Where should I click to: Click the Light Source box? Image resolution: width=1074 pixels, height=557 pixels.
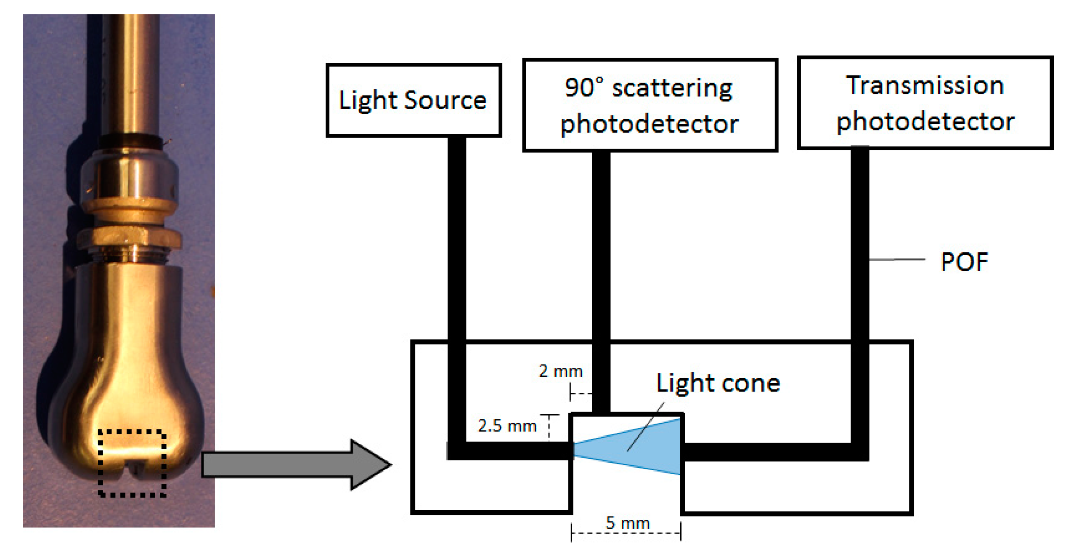pos(413,100)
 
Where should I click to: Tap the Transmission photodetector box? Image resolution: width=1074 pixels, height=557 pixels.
pos(924,103)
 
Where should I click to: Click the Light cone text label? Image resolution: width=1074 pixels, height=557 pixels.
pos(718,383)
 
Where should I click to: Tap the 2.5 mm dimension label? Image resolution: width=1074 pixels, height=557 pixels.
pos(507,426)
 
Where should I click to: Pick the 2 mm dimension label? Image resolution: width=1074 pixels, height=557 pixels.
pos(560,371)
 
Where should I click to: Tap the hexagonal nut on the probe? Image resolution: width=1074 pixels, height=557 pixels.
pos(129,238)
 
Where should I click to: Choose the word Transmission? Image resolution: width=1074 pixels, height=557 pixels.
pos(924,85)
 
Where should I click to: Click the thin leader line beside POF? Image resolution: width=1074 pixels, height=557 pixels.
pos(896,260)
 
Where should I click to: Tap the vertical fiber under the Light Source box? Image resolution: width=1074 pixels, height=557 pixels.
pos(456,253)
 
